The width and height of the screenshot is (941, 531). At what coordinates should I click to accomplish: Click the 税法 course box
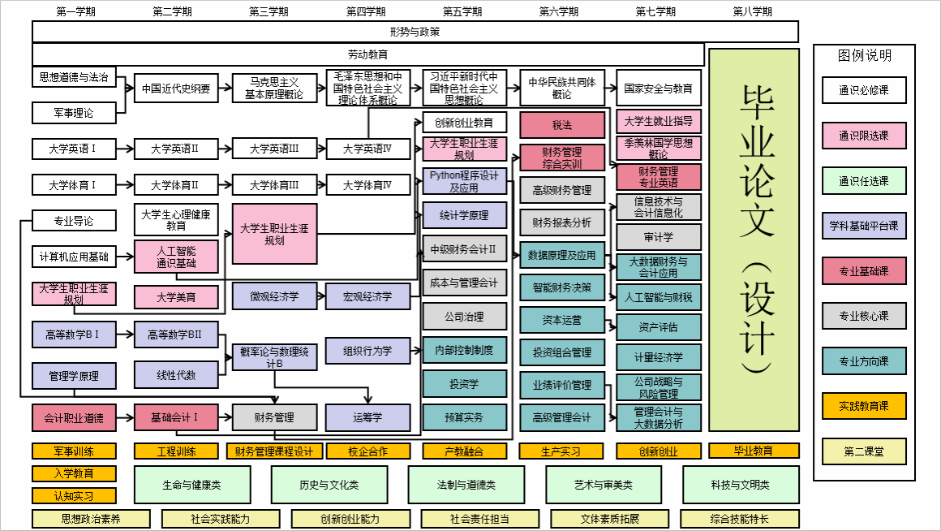click(562, 125)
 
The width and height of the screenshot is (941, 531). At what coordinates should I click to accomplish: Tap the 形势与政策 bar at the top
click(415, 32)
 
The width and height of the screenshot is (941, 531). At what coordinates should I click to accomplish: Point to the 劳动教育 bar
click(367, 54)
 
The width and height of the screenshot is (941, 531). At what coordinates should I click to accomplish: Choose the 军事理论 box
click(74, 113)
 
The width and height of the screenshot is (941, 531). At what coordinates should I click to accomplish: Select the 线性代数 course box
click(176, 375)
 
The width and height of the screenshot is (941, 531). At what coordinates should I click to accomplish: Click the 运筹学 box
click(367, 417)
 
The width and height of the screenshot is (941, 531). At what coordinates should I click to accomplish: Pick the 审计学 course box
click(658, 237)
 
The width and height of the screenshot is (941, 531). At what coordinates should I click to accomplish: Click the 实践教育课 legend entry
click(863, 406)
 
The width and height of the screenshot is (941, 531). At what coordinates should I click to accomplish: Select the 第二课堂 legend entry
click(863, 451)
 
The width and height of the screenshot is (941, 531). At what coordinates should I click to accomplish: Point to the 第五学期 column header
click(462, 11)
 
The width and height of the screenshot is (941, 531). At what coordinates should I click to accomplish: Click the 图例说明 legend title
click(864, 56)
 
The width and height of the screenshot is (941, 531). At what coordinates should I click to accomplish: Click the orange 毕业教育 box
click(754, 451)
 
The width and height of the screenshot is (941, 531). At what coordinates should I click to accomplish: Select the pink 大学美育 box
click(176, 297)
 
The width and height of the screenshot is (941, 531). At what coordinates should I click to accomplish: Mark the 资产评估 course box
click(658, 327)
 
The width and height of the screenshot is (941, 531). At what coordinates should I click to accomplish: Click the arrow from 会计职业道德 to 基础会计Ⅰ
click(125, 418)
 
